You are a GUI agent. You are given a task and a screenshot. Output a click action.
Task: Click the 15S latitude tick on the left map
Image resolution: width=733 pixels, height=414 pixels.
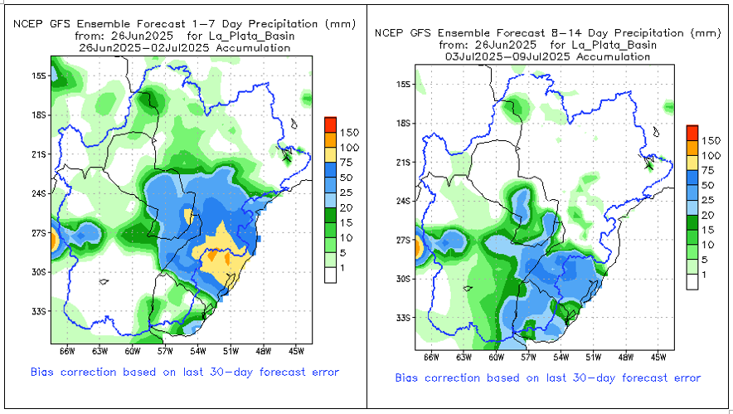tap(38, 75)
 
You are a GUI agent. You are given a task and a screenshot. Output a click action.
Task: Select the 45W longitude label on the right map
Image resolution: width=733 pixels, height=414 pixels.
tap(659, 358)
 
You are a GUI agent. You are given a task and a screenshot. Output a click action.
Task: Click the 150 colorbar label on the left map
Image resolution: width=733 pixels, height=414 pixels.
tap(349, 132)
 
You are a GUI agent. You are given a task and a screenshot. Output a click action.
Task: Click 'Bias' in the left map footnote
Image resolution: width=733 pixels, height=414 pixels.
tap(44, 371)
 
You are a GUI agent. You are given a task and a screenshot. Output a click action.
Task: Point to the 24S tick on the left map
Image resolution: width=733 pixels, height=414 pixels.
tap(38, 194)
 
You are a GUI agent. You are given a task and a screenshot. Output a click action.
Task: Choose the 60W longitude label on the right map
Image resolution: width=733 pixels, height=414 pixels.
tap(496, 358)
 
